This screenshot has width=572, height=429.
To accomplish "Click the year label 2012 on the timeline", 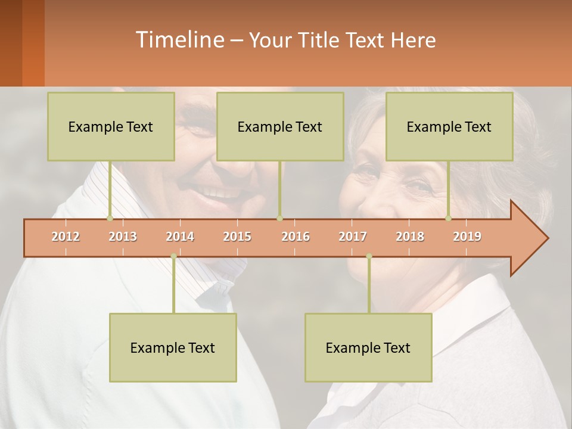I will (x=66, y=237).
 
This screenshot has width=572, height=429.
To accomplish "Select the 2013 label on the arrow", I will (x=123, y=237).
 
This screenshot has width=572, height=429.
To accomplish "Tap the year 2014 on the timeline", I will (x=180, y=237).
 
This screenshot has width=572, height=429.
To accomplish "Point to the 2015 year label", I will (x=237, y=237).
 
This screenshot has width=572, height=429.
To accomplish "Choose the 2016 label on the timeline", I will (x=296, y=237).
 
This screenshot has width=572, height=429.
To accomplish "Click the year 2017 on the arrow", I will (x=353, y=237).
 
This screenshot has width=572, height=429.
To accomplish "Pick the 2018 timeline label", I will (x=410, y=237).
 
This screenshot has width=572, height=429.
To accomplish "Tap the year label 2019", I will (x=467, y=237).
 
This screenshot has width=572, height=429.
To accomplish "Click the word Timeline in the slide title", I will (x=179, y=40).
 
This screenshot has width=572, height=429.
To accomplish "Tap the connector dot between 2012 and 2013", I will (x=110, y=218).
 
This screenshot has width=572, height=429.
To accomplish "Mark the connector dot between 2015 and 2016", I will (x=279, y=218).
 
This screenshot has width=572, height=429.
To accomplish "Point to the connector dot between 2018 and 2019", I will (x=449, y=218).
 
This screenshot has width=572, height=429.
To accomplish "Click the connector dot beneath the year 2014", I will (x=173, y=256).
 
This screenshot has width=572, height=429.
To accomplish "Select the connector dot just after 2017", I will (x=369, y=256).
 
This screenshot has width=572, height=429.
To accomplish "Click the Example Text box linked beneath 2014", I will (x=173, y=347).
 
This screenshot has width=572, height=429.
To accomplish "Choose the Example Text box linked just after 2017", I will (x=368, y=347).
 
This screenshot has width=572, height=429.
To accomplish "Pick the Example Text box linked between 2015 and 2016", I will (x=280, y=126).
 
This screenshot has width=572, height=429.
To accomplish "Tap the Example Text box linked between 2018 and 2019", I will (x=449, y=126).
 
